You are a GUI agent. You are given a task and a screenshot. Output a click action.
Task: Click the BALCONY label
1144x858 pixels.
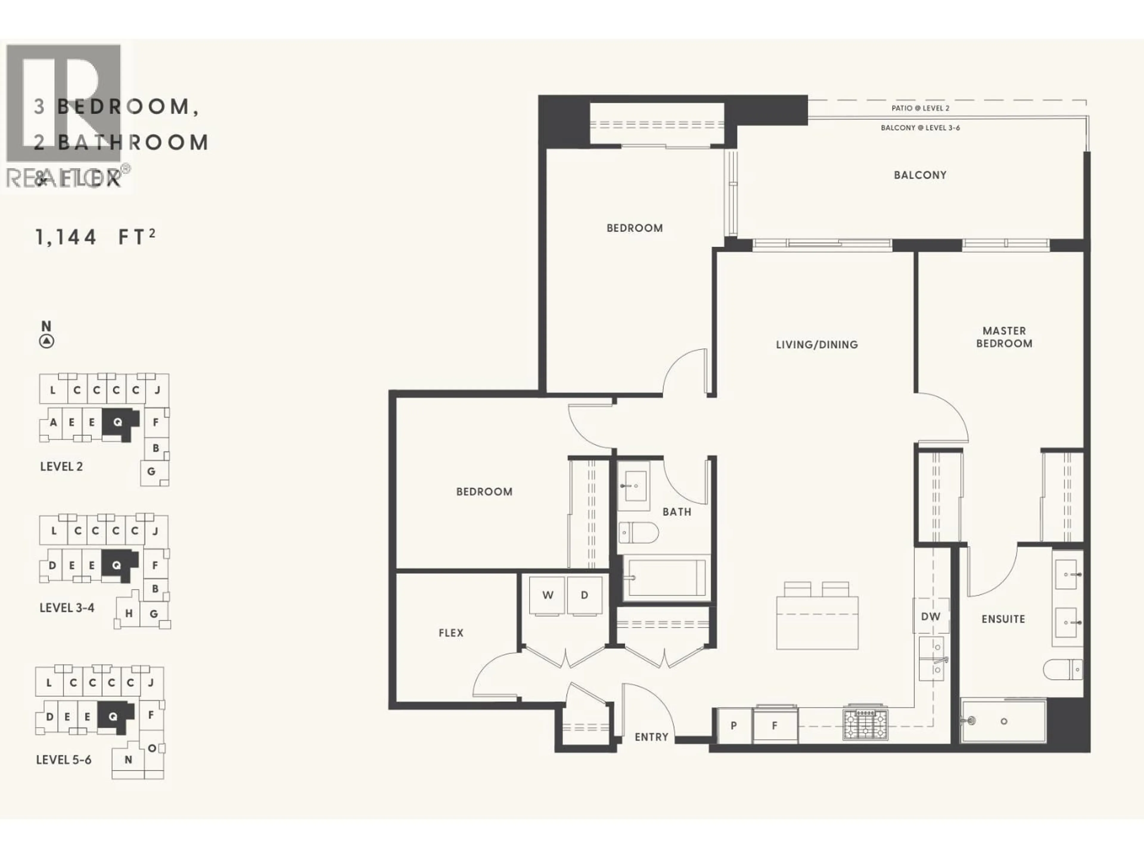click(920, 175)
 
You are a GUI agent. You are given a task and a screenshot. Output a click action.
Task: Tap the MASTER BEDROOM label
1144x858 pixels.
click(1004, 337)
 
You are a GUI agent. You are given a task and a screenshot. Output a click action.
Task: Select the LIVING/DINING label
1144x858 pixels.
click(817, 344)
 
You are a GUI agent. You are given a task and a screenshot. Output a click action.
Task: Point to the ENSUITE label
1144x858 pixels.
click(1003, 619)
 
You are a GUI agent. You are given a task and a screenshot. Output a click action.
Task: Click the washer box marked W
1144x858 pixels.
click(547, 595)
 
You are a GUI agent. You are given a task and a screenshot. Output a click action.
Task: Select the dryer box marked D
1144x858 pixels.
click(585, 595)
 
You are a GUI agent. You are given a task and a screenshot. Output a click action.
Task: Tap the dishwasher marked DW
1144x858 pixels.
click(930, 616)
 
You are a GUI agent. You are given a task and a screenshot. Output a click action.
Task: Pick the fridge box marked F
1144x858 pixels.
click(775, 726)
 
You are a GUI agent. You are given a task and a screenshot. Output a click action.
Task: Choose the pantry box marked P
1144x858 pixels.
click(733, 726)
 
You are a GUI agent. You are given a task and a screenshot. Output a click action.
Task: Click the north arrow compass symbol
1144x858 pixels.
click(46, 341)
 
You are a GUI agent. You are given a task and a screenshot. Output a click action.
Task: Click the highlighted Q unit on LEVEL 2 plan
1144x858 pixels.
click(118, 422)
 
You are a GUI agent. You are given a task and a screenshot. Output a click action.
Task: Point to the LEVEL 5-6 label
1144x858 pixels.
click(64, 760)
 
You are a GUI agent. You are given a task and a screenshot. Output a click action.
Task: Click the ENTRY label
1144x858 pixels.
click(651, 737)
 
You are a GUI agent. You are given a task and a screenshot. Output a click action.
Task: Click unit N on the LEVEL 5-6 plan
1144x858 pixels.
click(128, 760)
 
